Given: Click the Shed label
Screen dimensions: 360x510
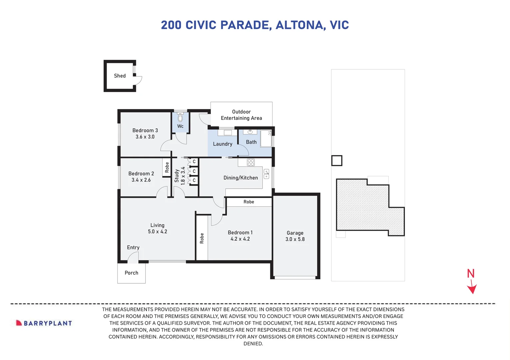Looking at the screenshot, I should [120, 76].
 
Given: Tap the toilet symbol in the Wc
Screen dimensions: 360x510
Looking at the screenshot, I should [180, 118].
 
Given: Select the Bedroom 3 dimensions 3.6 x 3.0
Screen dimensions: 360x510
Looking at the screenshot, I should [145, 137].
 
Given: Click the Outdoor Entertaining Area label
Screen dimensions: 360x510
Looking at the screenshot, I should [241, 115].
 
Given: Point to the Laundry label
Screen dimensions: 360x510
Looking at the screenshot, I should [223, 144].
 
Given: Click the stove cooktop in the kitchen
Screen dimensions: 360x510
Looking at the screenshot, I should [251, 163].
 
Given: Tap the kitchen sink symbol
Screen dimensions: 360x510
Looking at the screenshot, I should [266, 174].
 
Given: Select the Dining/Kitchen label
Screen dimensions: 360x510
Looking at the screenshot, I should [241, 178].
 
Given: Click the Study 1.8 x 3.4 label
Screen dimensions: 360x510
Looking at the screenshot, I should [180, 176].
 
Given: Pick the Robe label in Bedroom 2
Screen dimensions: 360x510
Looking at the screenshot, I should [167, 167].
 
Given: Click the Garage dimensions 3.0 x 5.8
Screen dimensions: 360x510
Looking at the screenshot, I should [295, 239].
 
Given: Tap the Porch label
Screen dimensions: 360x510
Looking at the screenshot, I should [131, 273].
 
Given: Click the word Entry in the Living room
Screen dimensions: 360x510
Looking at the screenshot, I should [133, 248].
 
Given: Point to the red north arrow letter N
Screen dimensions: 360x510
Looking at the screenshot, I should [470, 274].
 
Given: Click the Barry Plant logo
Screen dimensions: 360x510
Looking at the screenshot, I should [44, 323].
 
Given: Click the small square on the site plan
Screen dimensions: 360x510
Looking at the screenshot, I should [337, 161].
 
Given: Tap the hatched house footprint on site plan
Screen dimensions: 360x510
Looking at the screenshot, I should [363, 207].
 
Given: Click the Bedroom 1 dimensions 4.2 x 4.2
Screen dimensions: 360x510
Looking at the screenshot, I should [240, 239].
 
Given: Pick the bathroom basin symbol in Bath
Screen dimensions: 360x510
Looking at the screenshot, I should [250, 132].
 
